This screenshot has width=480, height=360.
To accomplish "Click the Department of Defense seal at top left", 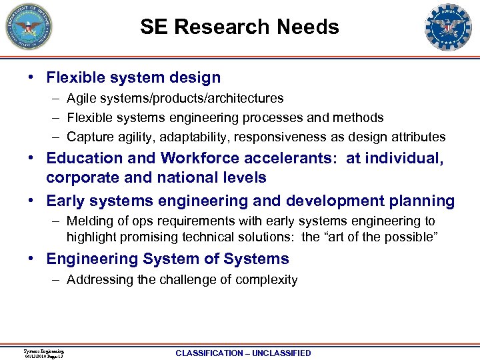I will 29,27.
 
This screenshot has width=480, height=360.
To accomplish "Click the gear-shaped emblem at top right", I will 448,27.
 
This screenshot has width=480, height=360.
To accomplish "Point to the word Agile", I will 81,99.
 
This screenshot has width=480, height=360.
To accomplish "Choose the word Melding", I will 90,221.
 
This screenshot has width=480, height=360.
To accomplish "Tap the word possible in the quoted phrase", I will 411,237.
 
